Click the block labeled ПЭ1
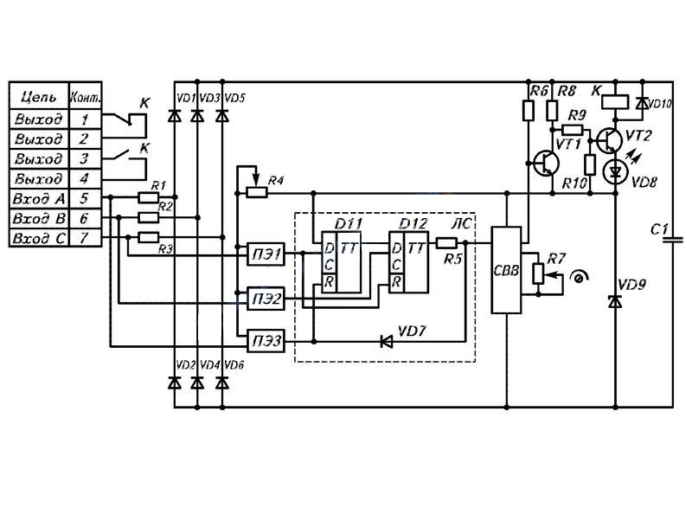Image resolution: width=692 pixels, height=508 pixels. click(x=266, y=254)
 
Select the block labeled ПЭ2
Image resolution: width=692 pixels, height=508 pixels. click(x=266, y=299)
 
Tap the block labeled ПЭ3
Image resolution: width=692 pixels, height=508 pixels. click(x=266, y=340)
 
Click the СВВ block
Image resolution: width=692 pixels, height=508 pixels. click(x=506, y=270)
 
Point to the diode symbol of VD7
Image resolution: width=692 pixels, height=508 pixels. click(x=387, y=341)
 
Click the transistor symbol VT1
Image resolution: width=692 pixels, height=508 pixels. click(x=547, y=164)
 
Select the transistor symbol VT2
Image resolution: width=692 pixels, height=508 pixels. click(x=610, y=140)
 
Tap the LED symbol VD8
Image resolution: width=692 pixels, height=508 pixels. click(x=615, y=172)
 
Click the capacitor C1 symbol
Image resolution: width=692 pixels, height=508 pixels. click(x=673, y=240)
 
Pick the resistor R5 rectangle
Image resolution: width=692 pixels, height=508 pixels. click(x=446, y=242)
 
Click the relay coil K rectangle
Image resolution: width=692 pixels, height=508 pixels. click(x=615, y=102)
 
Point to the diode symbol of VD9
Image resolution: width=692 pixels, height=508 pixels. click(x=615, y=302)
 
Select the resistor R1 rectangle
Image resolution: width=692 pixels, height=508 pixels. click(x=148, y=197)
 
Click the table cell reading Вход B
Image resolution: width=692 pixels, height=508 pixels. click(x=39, y=218)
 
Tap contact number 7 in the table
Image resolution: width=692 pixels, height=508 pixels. click(x=85, y=238)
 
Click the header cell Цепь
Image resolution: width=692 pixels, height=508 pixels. click(x=39, y=96)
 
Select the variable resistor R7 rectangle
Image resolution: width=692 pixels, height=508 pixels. click(x=538, y=273)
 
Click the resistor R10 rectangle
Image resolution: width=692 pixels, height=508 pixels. click(x=590, y=165)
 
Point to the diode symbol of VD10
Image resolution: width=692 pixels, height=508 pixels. click(x=642, y=103)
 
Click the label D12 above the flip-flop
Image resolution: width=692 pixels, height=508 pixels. click(x=413, y=224)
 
